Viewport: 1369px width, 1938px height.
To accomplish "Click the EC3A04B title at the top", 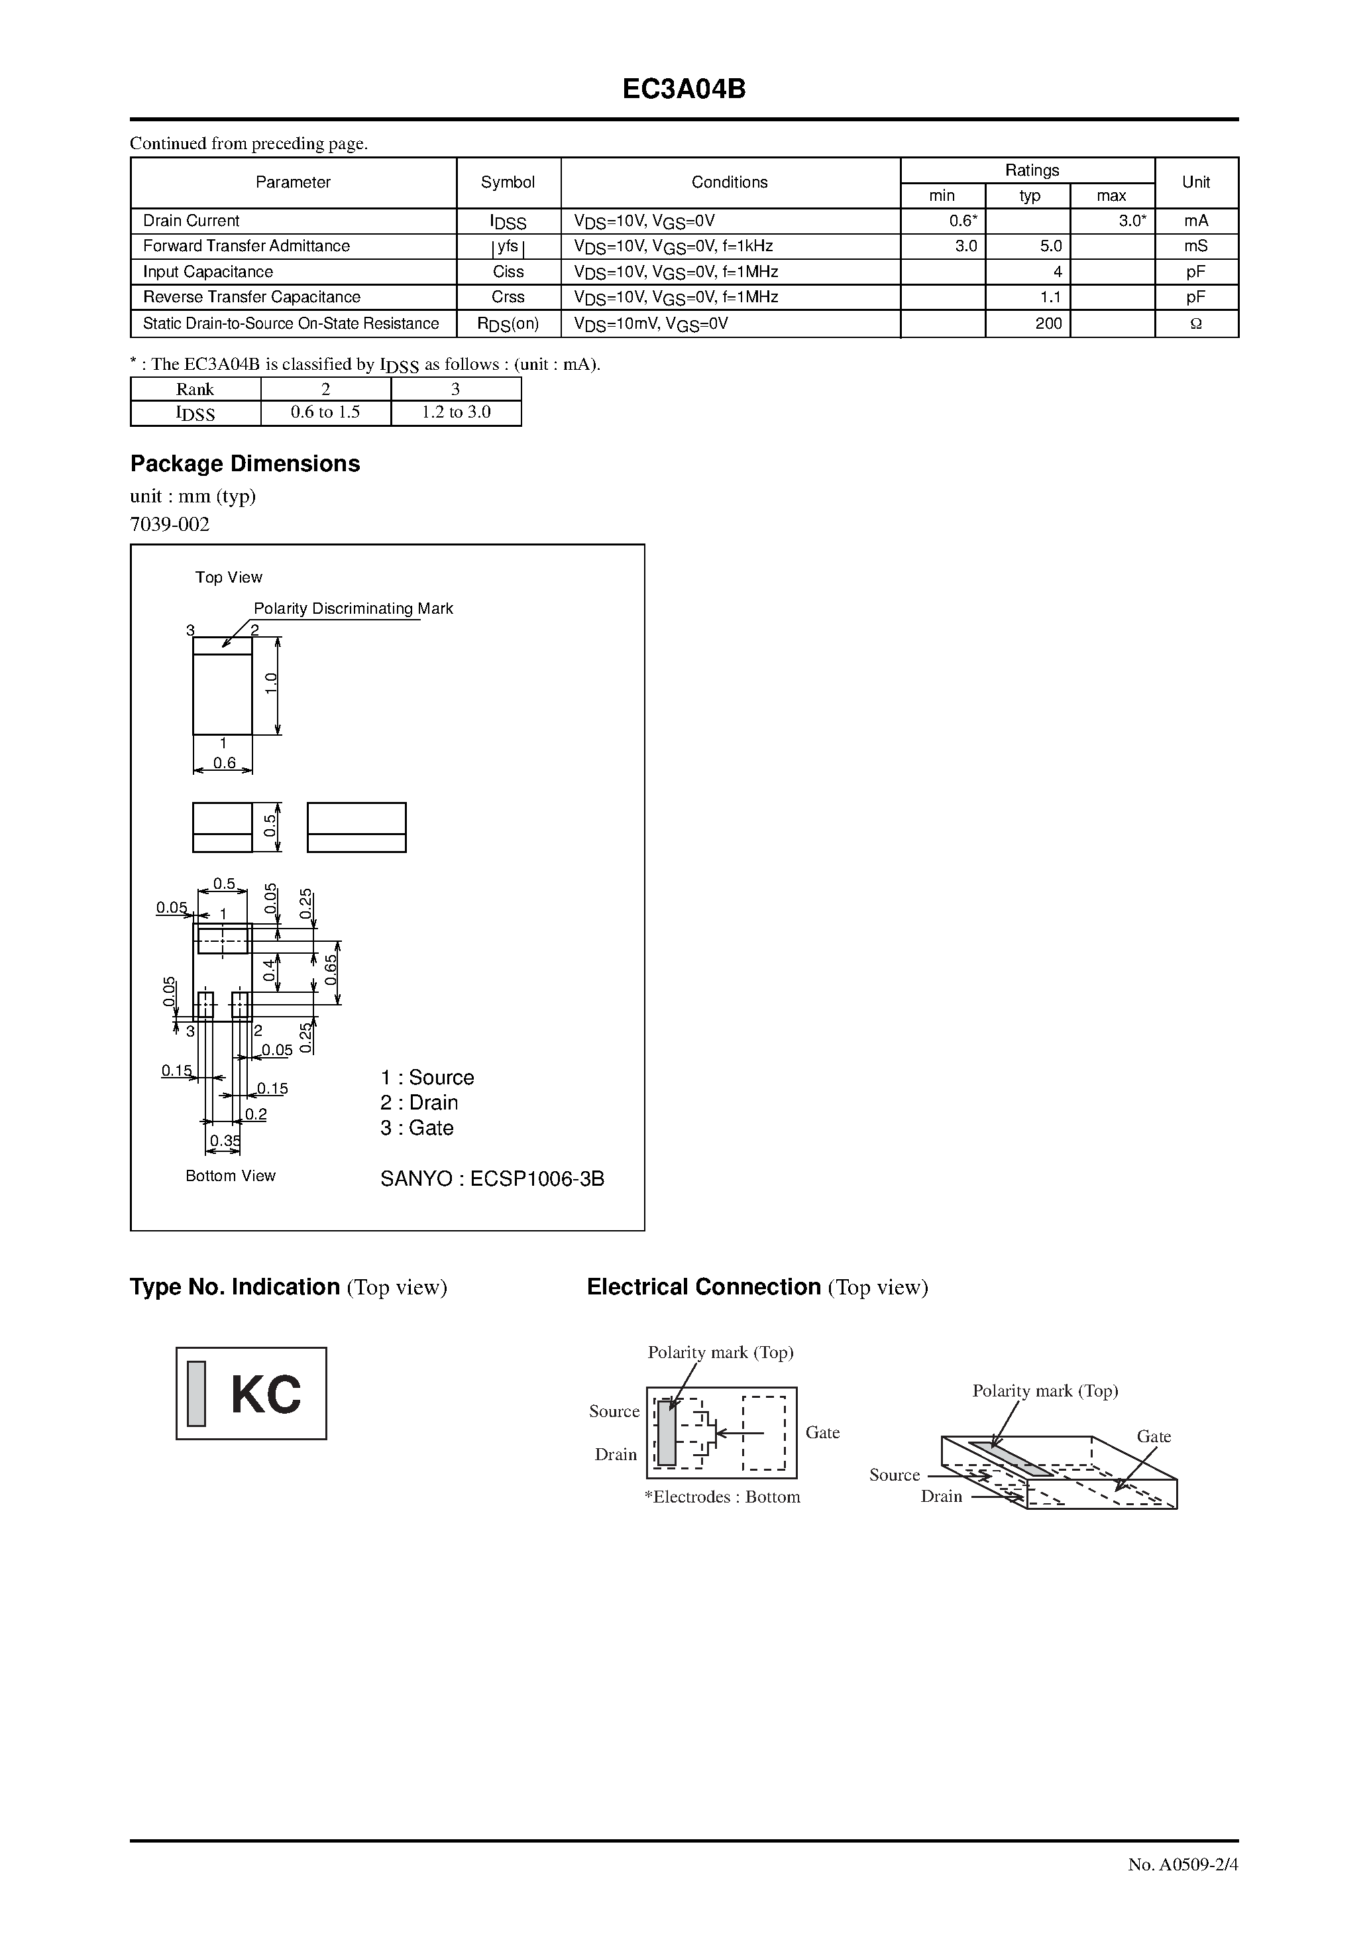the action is (684, 89).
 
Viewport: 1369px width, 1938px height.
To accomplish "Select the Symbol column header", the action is (508, 182).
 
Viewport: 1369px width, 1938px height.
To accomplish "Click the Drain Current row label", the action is (192, 221).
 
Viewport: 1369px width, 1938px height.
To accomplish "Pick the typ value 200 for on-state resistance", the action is (1048, 323).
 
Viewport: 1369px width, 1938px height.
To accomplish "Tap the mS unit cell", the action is (1195, 247).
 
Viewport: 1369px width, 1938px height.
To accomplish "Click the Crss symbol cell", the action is (508, 297).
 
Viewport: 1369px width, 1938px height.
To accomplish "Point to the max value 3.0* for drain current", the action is (1132, 221).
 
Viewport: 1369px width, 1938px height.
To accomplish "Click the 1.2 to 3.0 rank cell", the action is (456, 412).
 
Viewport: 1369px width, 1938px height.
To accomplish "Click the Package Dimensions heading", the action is (245, 463).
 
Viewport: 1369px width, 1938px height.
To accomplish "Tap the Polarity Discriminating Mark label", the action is (353, 608).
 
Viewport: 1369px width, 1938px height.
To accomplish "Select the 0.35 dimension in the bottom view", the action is (225, 1141).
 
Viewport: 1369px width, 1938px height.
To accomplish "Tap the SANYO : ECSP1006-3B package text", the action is (492, 1178).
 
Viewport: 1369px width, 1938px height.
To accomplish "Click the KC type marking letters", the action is (266, 1395).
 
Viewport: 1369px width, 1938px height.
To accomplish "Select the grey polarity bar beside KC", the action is (197, 1394).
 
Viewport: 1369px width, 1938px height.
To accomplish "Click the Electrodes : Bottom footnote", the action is (722, 1497).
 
